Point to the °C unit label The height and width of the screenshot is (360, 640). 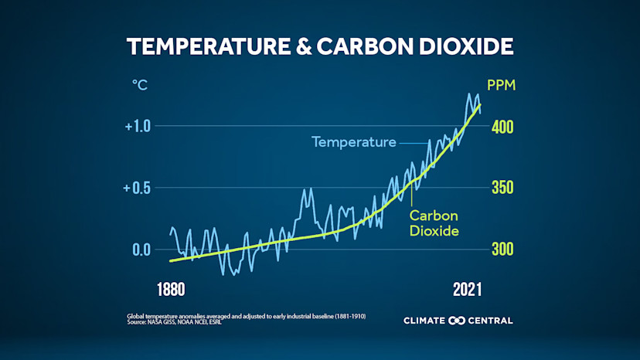[138, 84]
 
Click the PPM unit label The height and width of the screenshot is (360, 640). [500, 84]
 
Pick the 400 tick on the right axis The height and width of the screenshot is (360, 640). [503, 126]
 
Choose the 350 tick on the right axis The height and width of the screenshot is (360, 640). [503, 188]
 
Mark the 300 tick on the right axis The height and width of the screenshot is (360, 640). [503, 250]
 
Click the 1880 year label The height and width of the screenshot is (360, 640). [171, 290]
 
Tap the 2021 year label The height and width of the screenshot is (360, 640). [467, 290]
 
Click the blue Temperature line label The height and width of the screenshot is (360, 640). [354, 142]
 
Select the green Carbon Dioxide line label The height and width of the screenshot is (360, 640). [434, 223]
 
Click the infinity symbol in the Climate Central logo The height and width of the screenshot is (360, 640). [457, 321]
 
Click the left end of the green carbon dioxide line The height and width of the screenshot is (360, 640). [171, 261]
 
